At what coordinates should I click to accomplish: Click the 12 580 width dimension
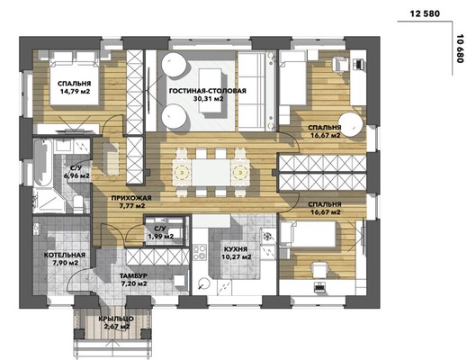(425, 14)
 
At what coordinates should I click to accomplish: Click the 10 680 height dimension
(460, 49)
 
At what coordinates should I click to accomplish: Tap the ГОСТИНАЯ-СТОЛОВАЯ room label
(208, 91)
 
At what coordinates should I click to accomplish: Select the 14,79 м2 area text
(75, 91)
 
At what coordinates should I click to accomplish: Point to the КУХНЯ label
(236, 249)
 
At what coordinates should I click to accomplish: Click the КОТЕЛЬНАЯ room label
(65, 255)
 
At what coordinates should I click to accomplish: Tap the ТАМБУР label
(133, 276)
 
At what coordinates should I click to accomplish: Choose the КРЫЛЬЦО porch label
(116, 319)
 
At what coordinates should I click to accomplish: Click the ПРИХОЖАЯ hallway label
(131, 198)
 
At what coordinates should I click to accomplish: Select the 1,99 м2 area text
(160, 236)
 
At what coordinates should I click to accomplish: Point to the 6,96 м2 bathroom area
(76, 175)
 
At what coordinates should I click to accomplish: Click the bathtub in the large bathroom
(43, 162)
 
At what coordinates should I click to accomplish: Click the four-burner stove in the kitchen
(200, 253)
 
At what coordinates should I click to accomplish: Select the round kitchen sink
(203, 284)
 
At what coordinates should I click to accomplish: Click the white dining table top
(211, 173)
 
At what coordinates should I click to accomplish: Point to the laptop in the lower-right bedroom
(319, 287)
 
